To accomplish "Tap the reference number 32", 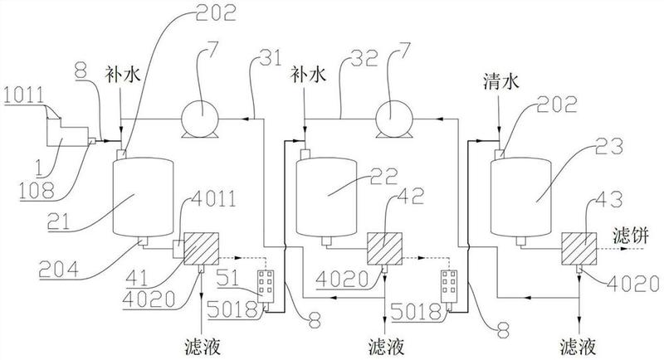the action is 364,58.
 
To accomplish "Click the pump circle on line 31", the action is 200,114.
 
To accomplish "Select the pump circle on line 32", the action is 395,114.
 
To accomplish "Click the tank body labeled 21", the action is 143,197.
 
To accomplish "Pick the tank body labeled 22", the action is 326,197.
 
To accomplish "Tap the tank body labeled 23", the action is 520,197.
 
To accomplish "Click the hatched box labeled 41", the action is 201,249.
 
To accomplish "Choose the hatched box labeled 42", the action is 384,249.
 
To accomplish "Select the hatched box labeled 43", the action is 579,249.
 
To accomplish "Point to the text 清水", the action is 501,82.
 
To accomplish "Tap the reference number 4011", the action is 214,199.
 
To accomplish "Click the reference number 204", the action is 58,270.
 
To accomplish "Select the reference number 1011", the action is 24,95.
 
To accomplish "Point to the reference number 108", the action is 36,190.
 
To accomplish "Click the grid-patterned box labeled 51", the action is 266,282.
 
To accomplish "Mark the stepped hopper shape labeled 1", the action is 67,133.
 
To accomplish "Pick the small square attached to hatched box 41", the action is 178,249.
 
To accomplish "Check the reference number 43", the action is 608,199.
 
